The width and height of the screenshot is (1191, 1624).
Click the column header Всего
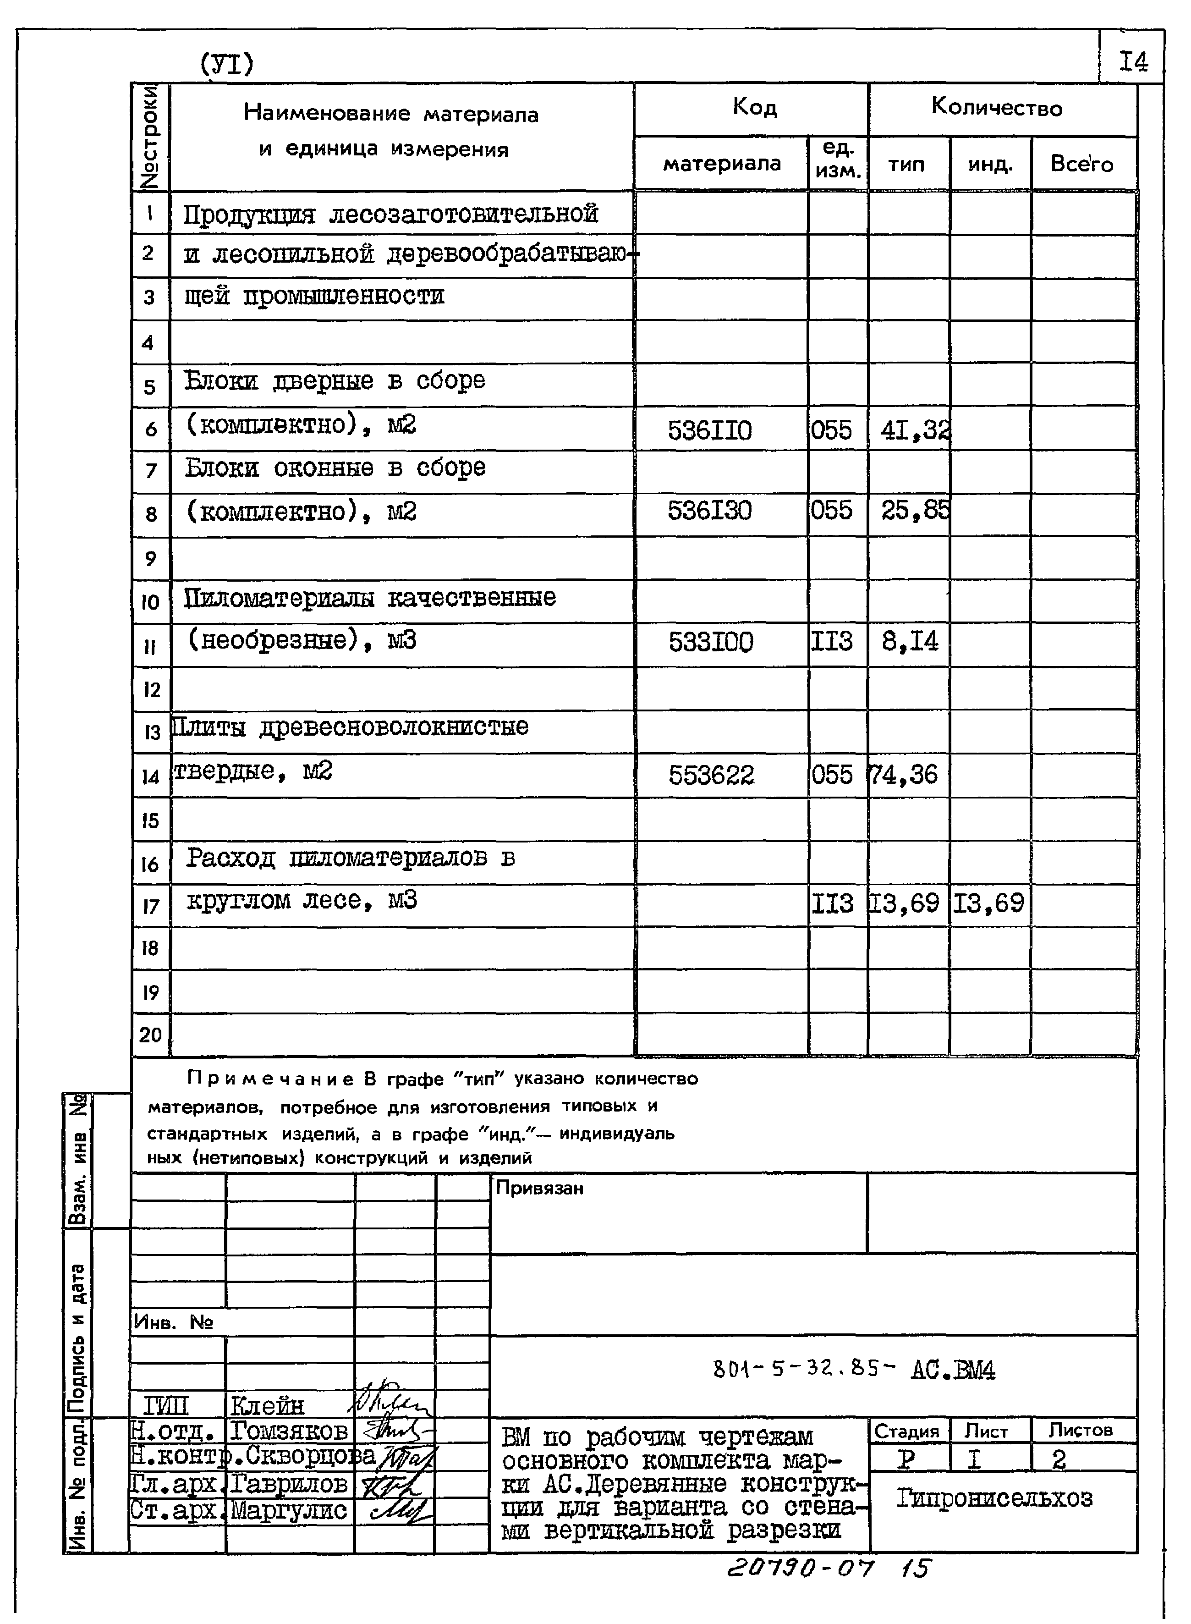coord(1081,165)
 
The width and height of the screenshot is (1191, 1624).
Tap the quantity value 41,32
coord(914,430)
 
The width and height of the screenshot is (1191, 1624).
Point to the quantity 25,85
coord(914,511)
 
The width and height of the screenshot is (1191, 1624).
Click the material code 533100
coord(710,642)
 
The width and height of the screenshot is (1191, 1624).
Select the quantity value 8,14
coord(910,641)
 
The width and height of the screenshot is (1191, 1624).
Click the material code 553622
coord(711,775)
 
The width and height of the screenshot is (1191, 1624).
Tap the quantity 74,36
coord(904,775)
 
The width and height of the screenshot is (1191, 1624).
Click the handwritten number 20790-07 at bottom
coord(800,1568)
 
